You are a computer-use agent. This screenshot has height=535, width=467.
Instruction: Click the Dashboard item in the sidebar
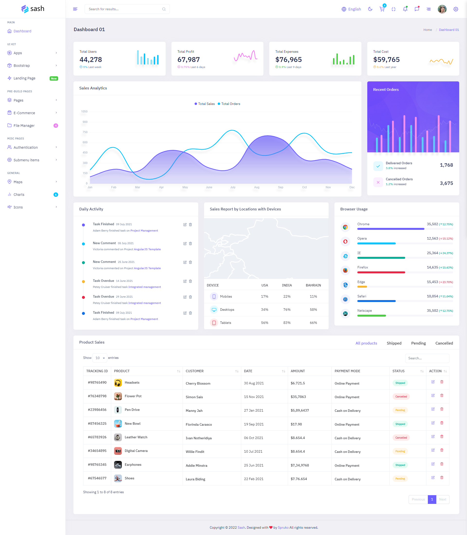point(22,31)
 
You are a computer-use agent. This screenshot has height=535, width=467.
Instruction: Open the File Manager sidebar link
point(24,125)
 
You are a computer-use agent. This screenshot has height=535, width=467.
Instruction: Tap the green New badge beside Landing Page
point(54,78)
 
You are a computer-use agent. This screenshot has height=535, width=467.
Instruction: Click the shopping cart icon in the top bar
point(382,9)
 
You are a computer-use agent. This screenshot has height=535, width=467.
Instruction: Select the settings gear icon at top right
point(456,9)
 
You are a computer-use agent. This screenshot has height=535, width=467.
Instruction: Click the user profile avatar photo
point(442,9)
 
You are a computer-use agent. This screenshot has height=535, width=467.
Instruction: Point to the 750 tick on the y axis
point(85,132)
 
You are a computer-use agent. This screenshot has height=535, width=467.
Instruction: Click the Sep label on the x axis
point(280,187)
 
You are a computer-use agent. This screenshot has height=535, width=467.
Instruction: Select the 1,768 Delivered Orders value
point(446,165)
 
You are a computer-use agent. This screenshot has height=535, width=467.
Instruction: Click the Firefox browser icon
point(345,270)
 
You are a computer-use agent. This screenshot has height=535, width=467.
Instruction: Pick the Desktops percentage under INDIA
point(287,310)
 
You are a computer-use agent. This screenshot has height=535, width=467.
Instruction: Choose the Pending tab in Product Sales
point(418,343)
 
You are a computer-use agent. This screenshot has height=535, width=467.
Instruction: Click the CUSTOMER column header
point(195,371)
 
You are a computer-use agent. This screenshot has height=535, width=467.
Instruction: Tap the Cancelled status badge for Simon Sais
point(401,397)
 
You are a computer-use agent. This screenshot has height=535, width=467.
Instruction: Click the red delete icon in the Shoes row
point(442,477)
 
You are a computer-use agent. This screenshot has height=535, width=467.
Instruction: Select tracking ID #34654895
point(97,451)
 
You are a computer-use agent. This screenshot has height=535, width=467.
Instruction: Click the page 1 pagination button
point(432,499)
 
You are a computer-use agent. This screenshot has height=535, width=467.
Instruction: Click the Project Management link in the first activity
point(144,231)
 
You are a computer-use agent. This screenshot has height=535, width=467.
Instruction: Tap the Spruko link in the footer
point(283,527)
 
